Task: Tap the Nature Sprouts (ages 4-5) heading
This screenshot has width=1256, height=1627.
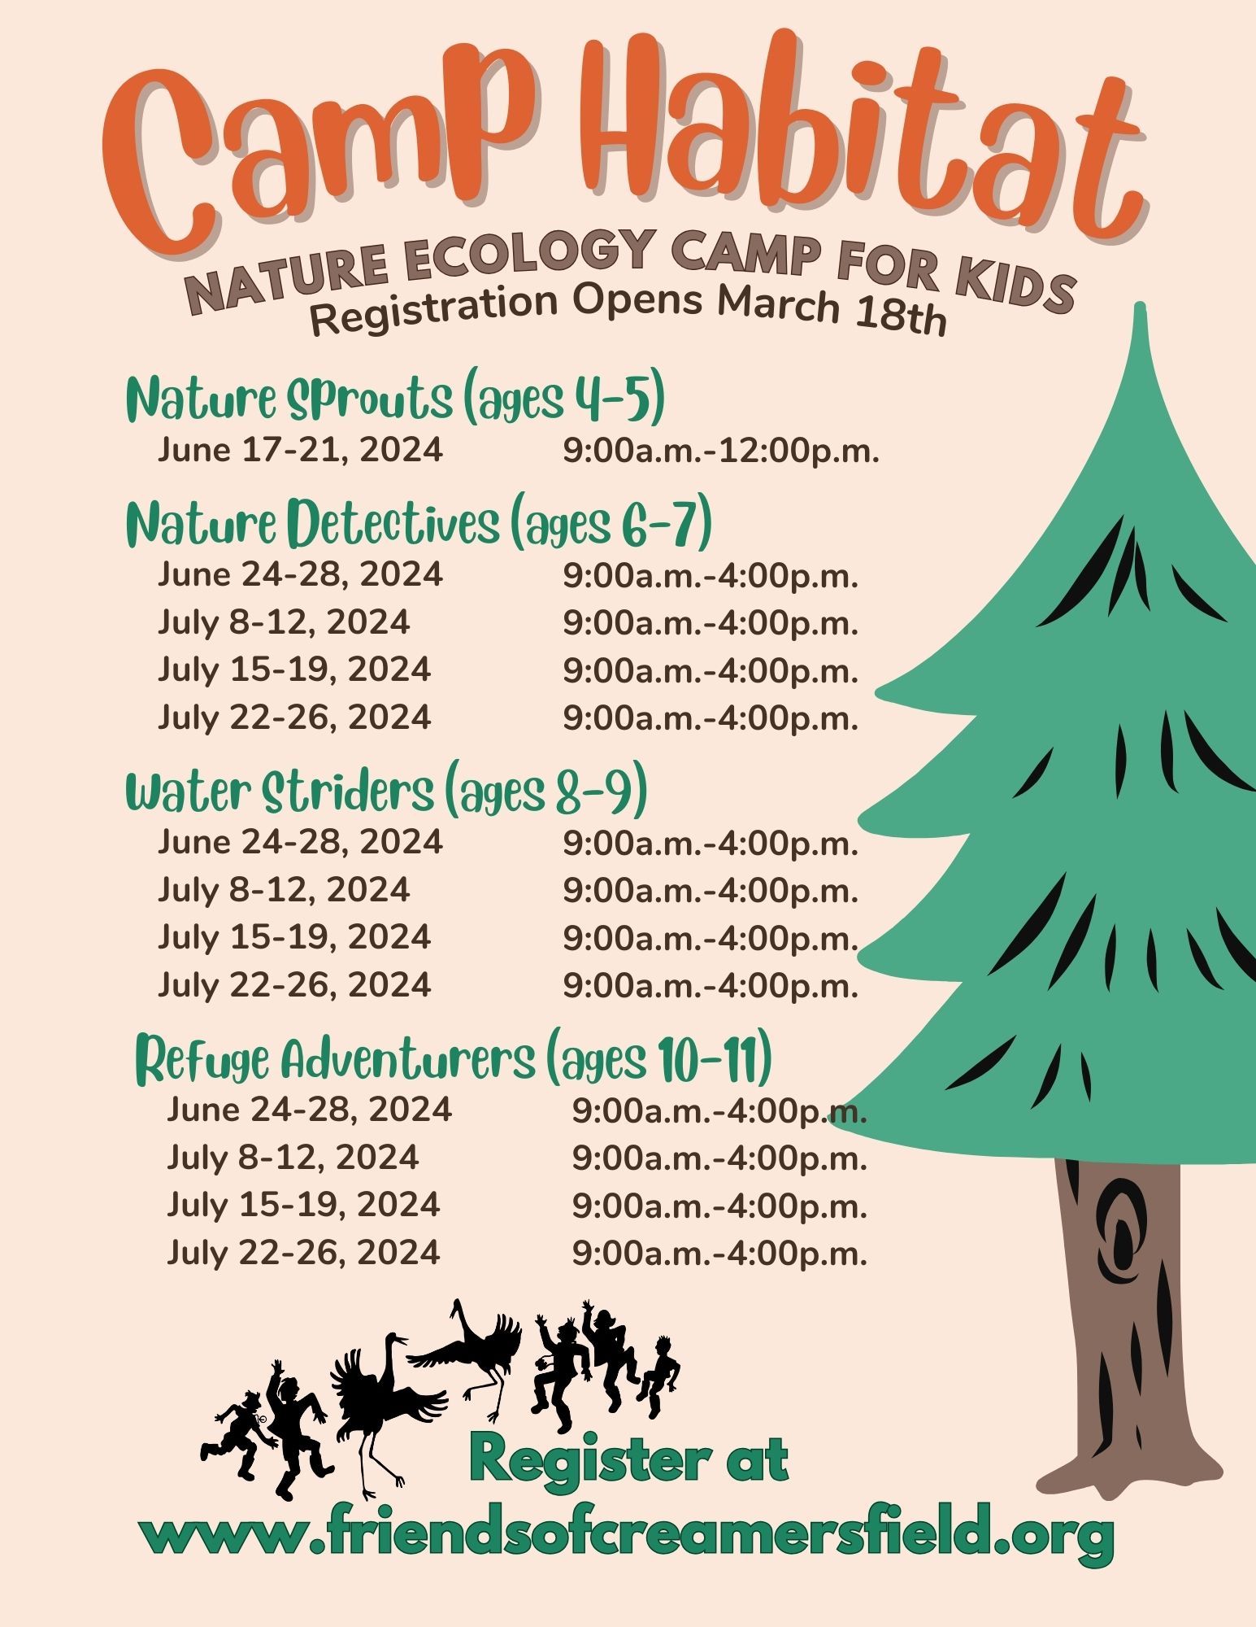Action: pos(396,399)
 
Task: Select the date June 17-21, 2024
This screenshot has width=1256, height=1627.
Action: pos(301,450)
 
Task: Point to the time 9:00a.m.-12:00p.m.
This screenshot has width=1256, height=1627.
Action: pos(721,451)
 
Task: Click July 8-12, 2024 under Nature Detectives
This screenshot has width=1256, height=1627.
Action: pos(284,623)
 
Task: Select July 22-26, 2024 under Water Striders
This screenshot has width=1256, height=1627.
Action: pos(294,985)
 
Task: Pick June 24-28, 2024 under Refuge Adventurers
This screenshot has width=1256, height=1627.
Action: pos(309,1110)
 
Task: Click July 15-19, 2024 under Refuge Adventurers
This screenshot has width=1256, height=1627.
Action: pos(303,1205)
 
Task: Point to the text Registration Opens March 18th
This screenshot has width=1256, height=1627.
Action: pos(628,310)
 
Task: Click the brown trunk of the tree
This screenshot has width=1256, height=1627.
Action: pos(1127,1318)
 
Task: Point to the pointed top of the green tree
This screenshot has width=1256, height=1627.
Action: pos(1140,307)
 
